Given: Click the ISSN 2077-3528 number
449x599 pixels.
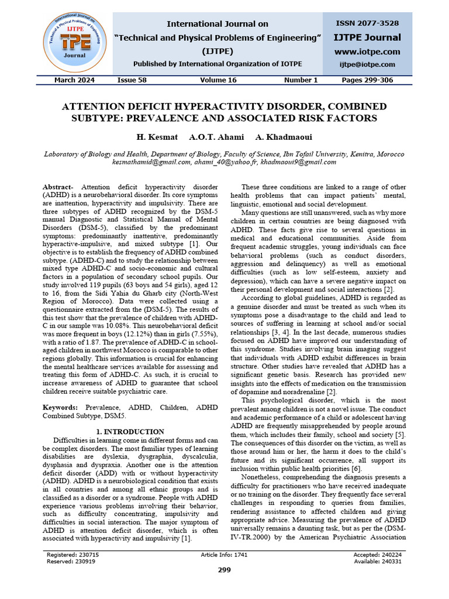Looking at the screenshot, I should [367, 23].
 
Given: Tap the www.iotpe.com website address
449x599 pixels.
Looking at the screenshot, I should [367, 51].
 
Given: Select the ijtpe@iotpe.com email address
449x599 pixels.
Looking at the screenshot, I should [367, 65].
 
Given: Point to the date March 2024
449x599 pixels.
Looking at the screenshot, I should [74, 80].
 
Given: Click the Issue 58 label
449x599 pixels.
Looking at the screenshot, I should [132, 80].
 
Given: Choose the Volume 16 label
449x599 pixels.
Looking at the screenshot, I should [218, 80].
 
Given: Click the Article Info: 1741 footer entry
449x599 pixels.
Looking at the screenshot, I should [224, 554].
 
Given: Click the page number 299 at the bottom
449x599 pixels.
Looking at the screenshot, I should [224, 570].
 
